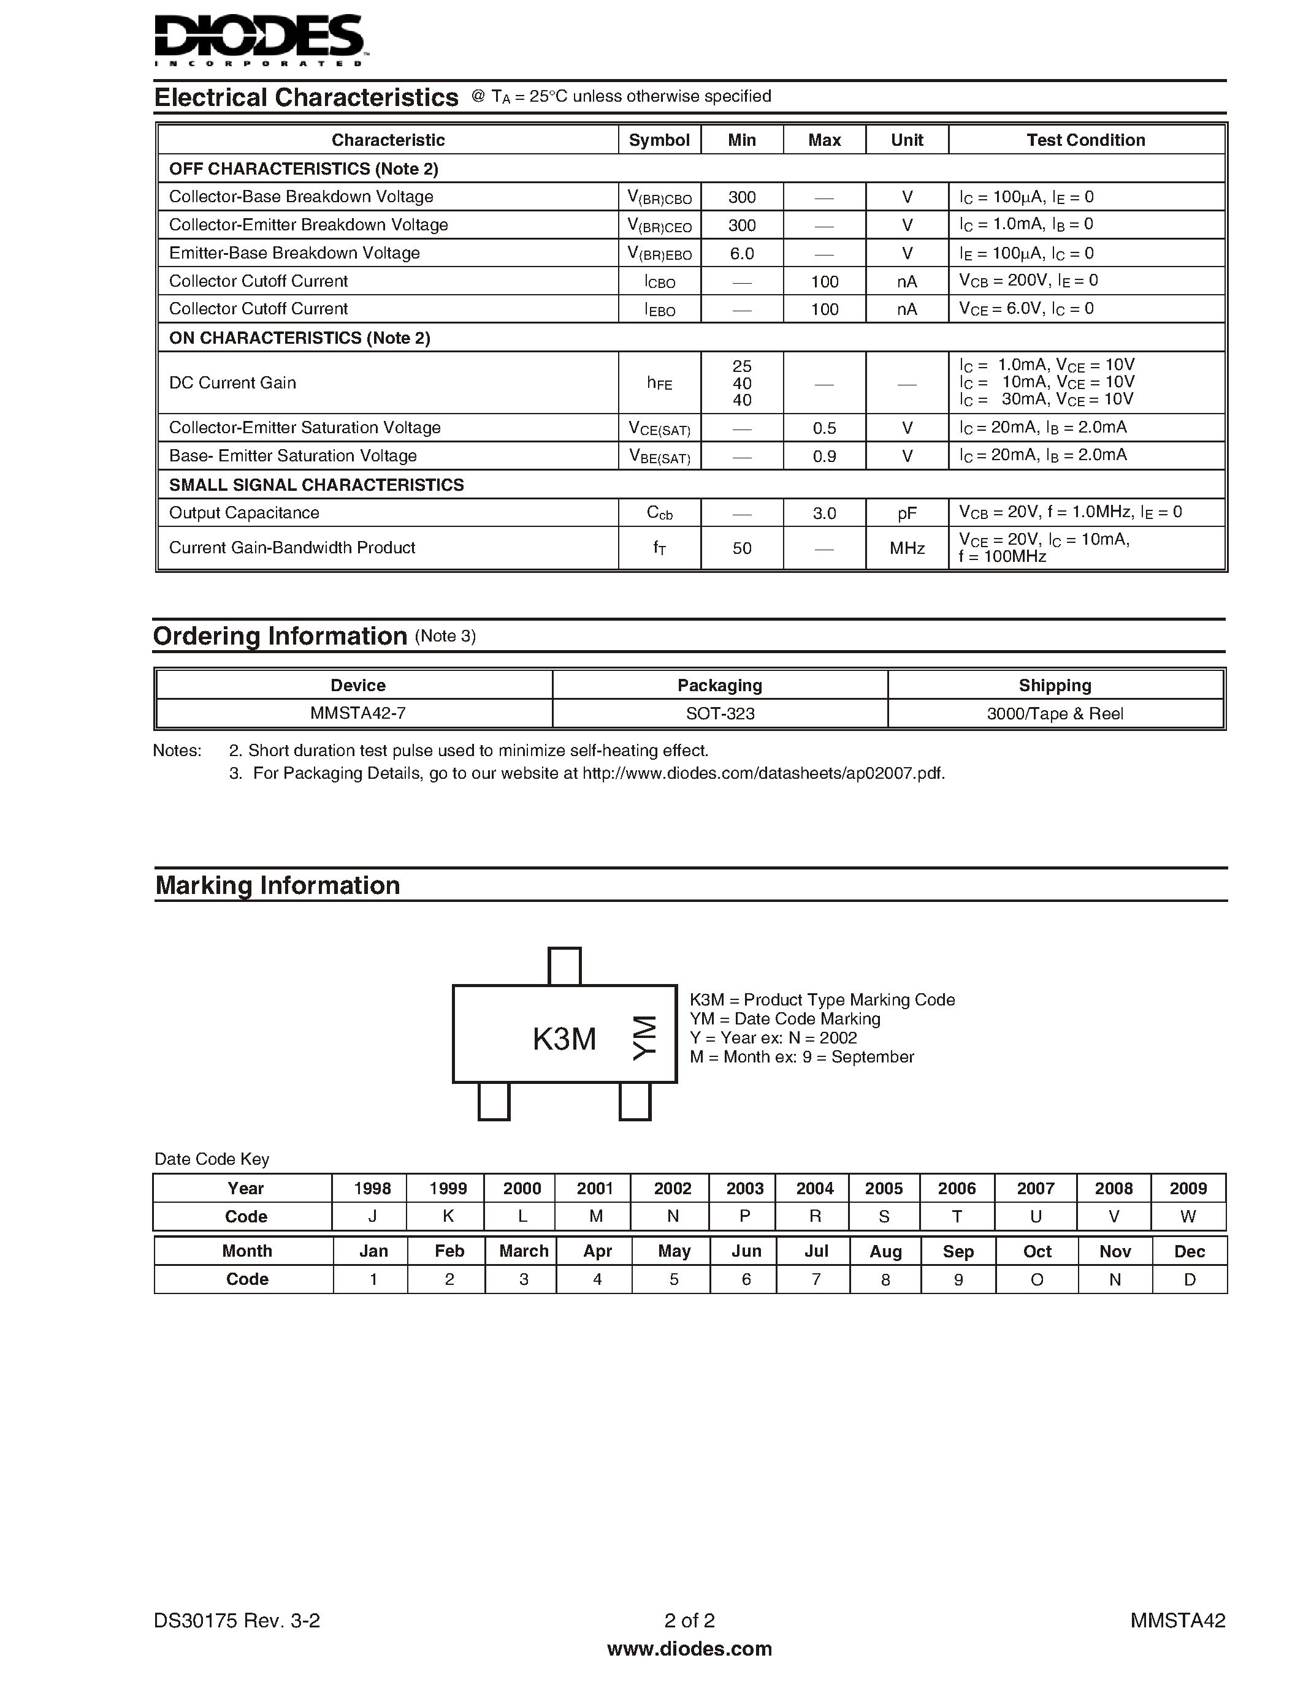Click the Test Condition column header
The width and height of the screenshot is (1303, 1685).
click(1085, 140)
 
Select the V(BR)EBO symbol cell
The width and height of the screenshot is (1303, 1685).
click(659, 254)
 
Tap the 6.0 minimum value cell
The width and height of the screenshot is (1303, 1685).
click(742, 254)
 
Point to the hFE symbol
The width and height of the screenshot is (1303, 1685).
click(659, 383)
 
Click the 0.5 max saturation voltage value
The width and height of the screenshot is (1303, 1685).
click(824, 428)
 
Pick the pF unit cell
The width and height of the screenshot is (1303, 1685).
click(907, 513)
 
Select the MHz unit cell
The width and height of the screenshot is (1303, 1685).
click(907, 548)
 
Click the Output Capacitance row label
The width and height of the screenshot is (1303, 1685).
click(244, 513)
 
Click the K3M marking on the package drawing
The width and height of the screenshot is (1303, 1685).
click(564, 1039)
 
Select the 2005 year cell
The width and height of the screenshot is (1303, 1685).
click(884, 1188)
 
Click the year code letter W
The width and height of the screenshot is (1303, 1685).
click(1188, 1217)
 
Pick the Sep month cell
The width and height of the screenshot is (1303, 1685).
click(958, 1251)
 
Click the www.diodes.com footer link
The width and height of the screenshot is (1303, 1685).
click(689, 1649)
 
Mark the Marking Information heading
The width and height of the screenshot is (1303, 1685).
click(278, 885)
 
